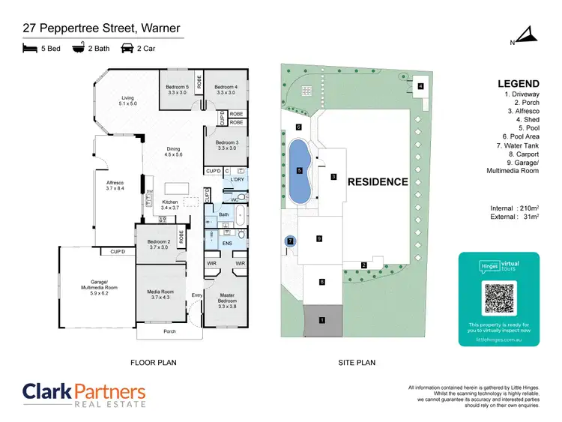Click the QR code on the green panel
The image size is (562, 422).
[x=498, y=298]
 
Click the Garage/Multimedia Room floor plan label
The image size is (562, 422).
[x=100, y=285]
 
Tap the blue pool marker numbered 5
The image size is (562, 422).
[x=299, y=171]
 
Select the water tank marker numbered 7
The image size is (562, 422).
[x=290, y=241]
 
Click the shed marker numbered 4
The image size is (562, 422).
[x=420, y=86]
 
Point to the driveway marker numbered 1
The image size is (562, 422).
[x=322, y=320]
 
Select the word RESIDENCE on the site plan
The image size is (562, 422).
[x=377, y=182]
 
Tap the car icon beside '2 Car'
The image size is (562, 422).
[x=127, y=49]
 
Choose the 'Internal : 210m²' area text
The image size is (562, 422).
[x=513, y=208]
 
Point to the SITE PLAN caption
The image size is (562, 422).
[x=357, y=363]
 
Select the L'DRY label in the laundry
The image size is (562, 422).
[x=238, y=180]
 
